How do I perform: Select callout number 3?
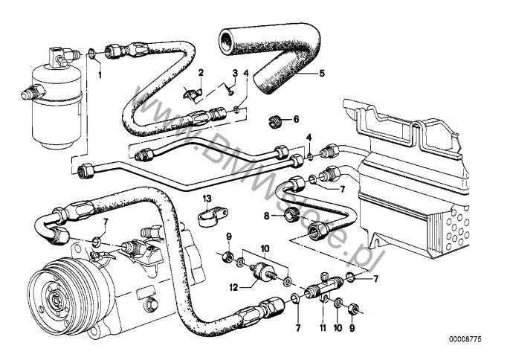coord(235,73)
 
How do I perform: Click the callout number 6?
coord(296,118)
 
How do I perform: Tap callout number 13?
coord(209,199)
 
